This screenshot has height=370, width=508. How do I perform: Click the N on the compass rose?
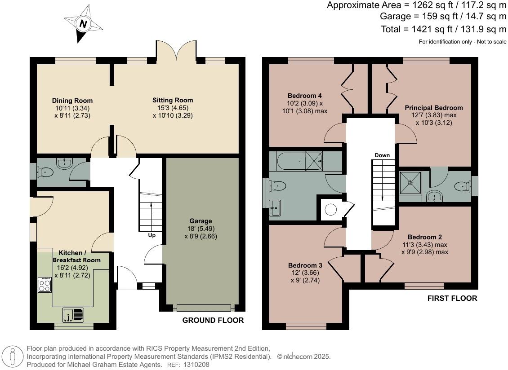(x=84, y=24)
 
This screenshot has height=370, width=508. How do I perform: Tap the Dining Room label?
(x=72, y=101)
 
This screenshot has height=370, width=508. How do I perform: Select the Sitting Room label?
(x=173, y=100)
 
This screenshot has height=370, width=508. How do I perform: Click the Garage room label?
(x=201, y=221)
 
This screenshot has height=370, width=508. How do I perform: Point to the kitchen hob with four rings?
(x=45, y=285)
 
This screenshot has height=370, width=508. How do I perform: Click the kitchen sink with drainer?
(x=73, y=315)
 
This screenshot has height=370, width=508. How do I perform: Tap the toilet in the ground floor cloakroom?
(x=45, y=172)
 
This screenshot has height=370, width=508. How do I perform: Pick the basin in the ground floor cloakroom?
(x=64, y=163)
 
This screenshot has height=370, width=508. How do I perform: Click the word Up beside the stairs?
(x=152, y=235)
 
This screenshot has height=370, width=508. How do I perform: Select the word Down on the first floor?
(x=382, y=155)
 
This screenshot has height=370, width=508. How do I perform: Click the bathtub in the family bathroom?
(x=300, y=161)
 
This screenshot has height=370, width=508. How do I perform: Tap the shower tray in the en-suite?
(x=410, y=182)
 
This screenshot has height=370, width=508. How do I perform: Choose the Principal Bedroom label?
(x=434, y=108)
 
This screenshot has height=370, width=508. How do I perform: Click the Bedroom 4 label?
(x=304, y=96)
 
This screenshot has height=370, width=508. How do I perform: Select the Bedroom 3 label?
(x=305, y=265)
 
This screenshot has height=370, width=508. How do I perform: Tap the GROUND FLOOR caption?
(x=213, y=321)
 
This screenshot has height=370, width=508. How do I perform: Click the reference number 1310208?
(x=196, y=365)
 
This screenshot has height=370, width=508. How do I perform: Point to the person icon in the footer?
(x=12, y=357)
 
